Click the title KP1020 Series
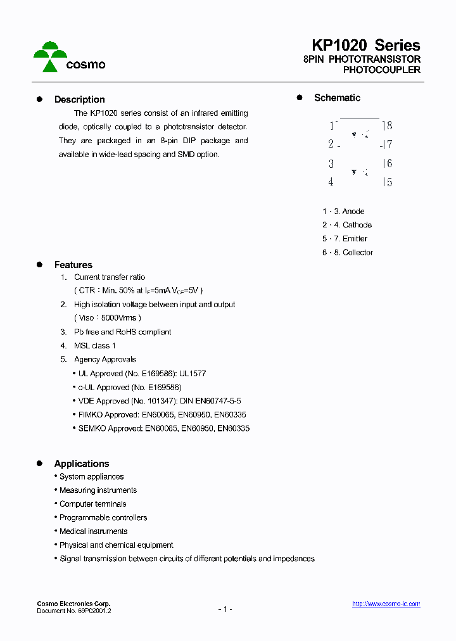click(x=365, y=46)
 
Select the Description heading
click(x=79, y=99)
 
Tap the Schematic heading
click(x=337, y=98)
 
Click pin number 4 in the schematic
click(x=331, y=182)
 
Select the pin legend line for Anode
click(x=343, y=212)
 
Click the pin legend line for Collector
click(x=347, y=253)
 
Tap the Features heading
click(x=73, y=265)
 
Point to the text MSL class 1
click(x=95, y=346)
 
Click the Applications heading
click(x=81, y=464)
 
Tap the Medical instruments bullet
click(x=93, y=531)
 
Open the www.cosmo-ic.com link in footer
click(x=386, y=604)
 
